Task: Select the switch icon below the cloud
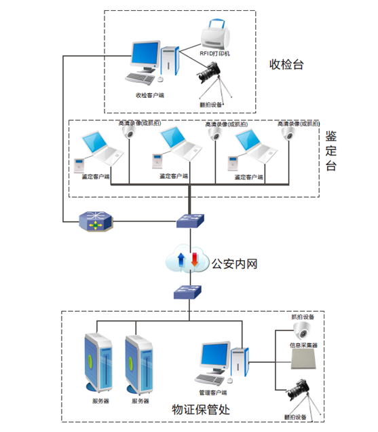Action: pos(186,292)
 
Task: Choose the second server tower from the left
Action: pos(138,363)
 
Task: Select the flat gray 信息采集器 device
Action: pos(303,361)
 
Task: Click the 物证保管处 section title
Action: pos(201,409)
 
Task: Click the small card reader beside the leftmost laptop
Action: pos(79,164)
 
